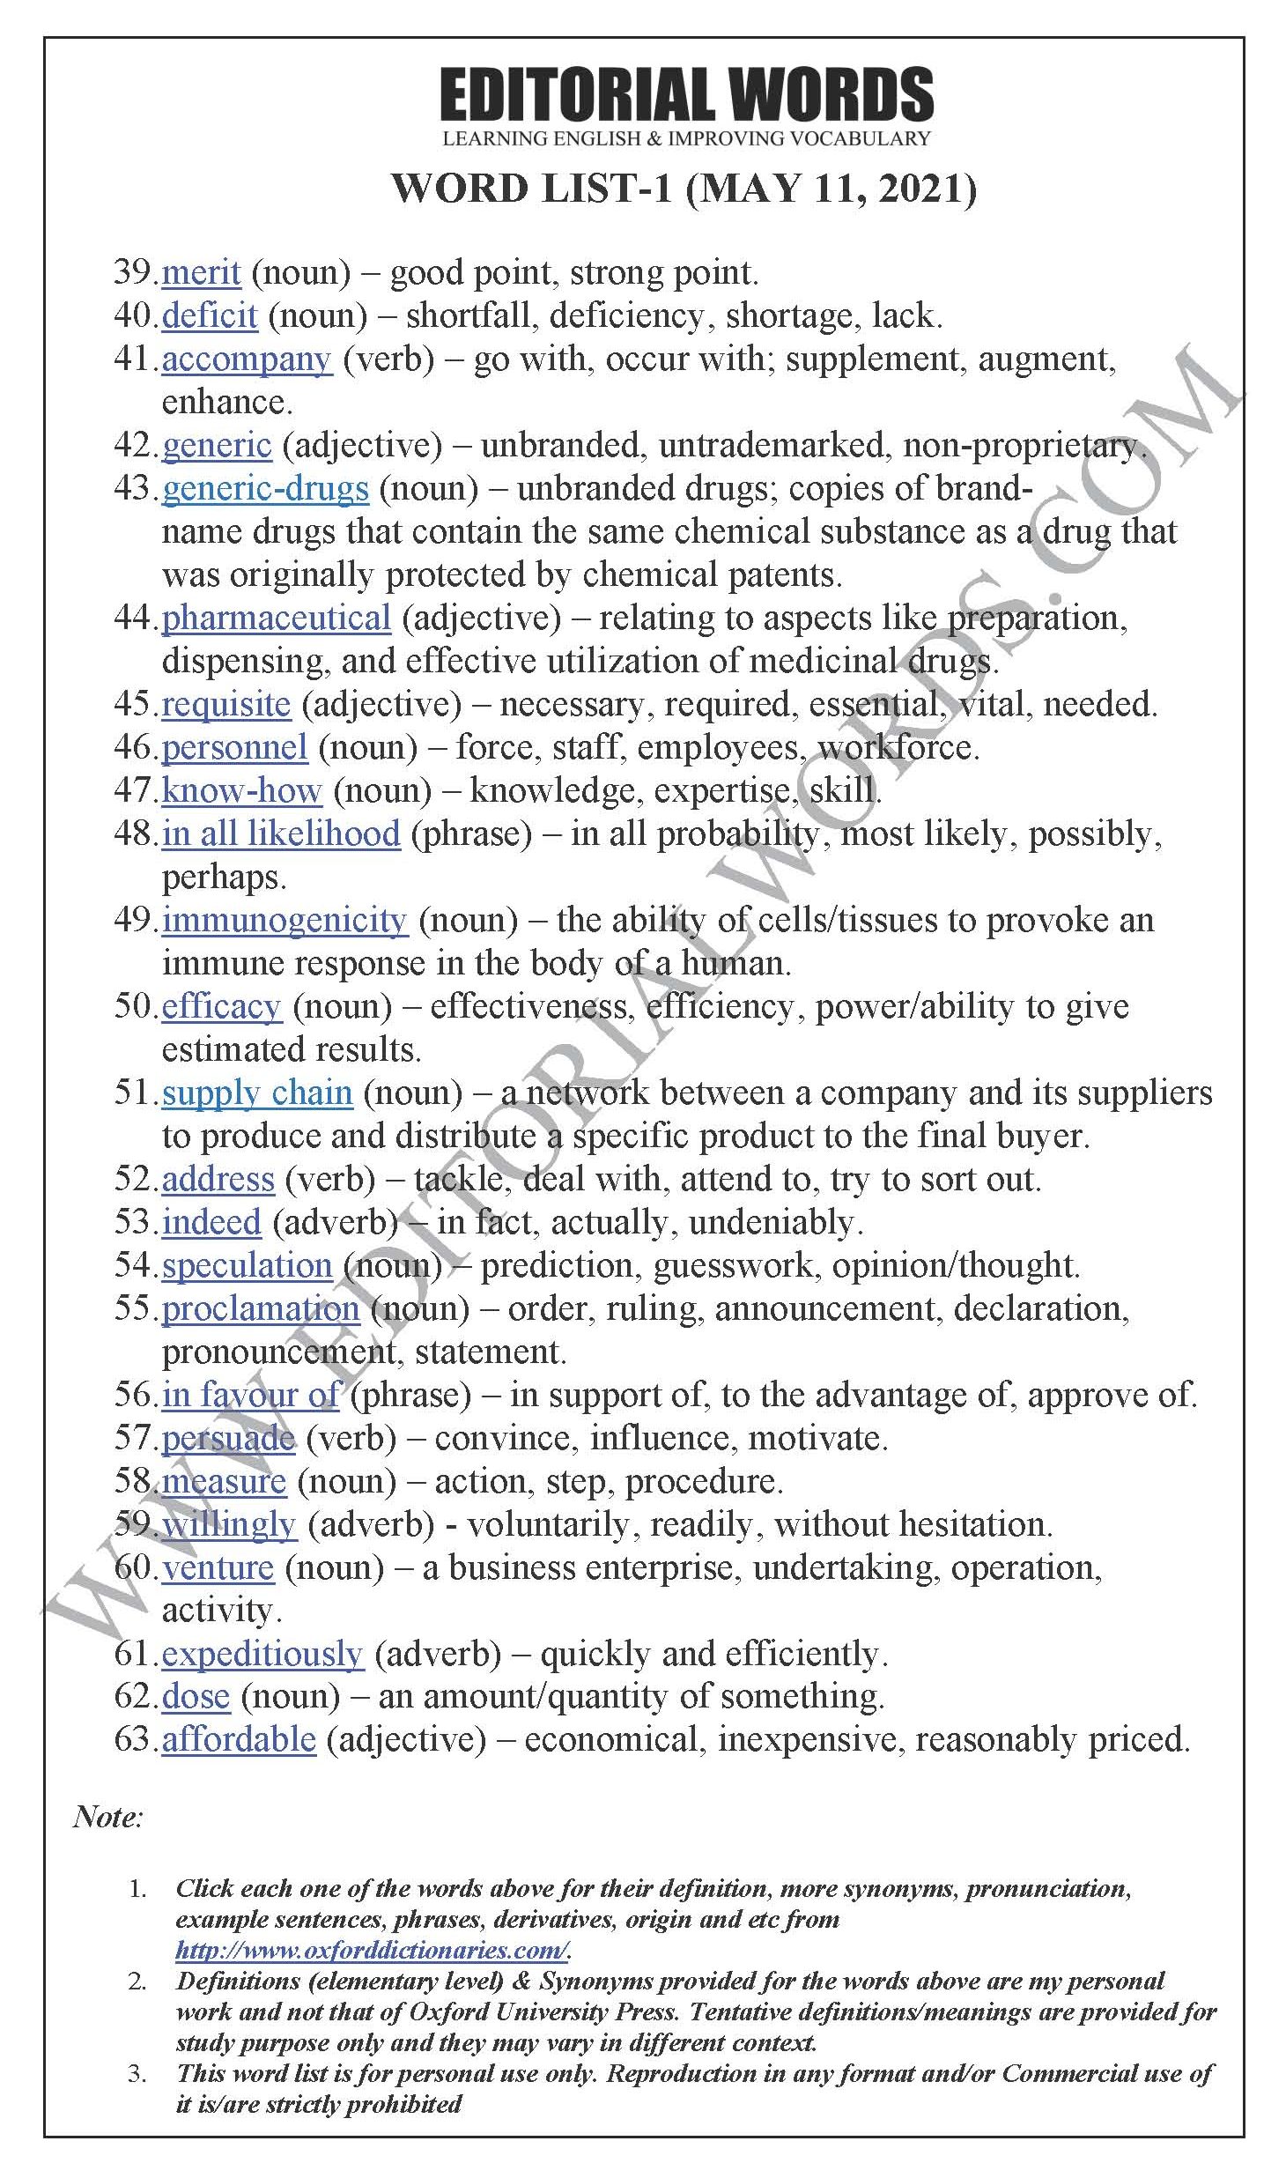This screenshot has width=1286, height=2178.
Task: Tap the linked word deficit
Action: [x=210, y=315]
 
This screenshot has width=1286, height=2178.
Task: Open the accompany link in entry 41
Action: [x=247, y=359]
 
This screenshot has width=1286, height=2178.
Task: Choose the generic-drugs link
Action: [x=265, y=488]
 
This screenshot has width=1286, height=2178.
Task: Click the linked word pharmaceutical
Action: [x=276, y=618]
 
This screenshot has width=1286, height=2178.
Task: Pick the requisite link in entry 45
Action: [x=225, y=704]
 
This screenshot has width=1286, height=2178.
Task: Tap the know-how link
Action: [x=241, y=790]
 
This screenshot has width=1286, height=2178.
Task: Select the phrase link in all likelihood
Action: [x=280, y=833]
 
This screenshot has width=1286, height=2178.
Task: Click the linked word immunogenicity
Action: [x=284, y=920]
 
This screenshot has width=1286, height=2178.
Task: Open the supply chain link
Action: [x=256, y=1093]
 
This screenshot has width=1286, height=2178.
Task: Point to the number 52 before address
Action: [x=133, y=1179]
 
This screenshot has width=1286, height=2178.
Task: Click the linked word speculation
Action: [x=247, y=1265]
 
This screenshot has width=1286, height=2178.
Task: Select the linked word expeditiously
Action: [x=262, y=1654]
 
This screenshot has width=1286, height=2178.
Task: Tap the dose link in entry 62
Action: [x=196, y=1697]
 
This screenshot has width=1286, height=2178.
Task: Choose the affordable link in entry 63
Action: [x=238, y=1740]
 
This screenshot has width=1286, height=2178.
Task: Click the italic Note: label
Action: [x=107, y=1818]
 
